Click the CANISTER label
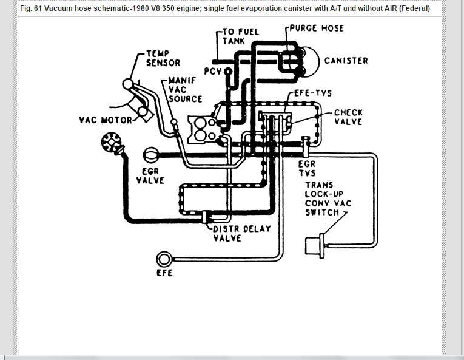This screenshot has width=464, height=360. [346, 61]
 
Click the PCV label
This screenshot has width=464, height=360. [214, 72]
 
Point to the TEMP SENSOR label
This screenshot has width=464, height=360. [163, 58]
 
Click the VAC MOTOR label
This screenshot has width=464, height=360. [106, 120]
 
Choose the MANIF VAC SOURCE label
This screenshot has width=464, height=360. [184, 89]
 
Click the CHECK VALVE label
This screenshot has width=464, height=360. [348, 117]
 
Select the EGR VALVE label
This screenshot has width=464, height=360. [150, 176]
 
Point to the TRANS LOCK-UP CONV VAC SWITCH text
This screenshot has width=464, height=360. [328, 199]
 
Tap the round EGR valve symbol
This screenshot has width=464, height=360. [150, 155]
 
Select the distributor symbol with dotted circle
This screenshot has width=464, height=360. [111, 144]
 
